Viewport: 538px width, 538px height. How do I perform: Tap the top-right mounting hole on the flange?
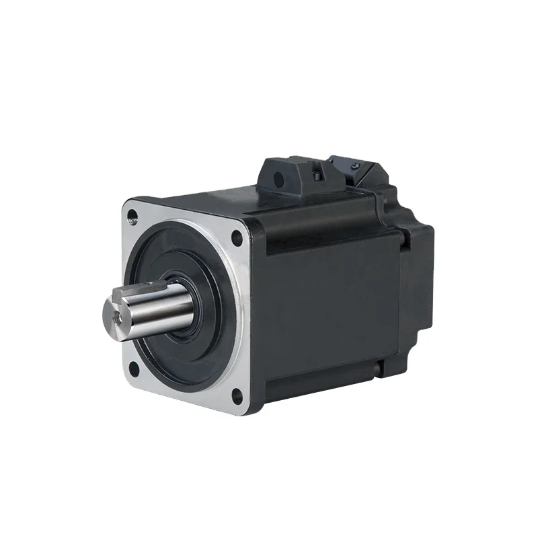(236, 237)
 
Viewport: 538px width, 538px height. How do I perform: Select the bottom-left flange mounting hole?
(133, 367)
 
